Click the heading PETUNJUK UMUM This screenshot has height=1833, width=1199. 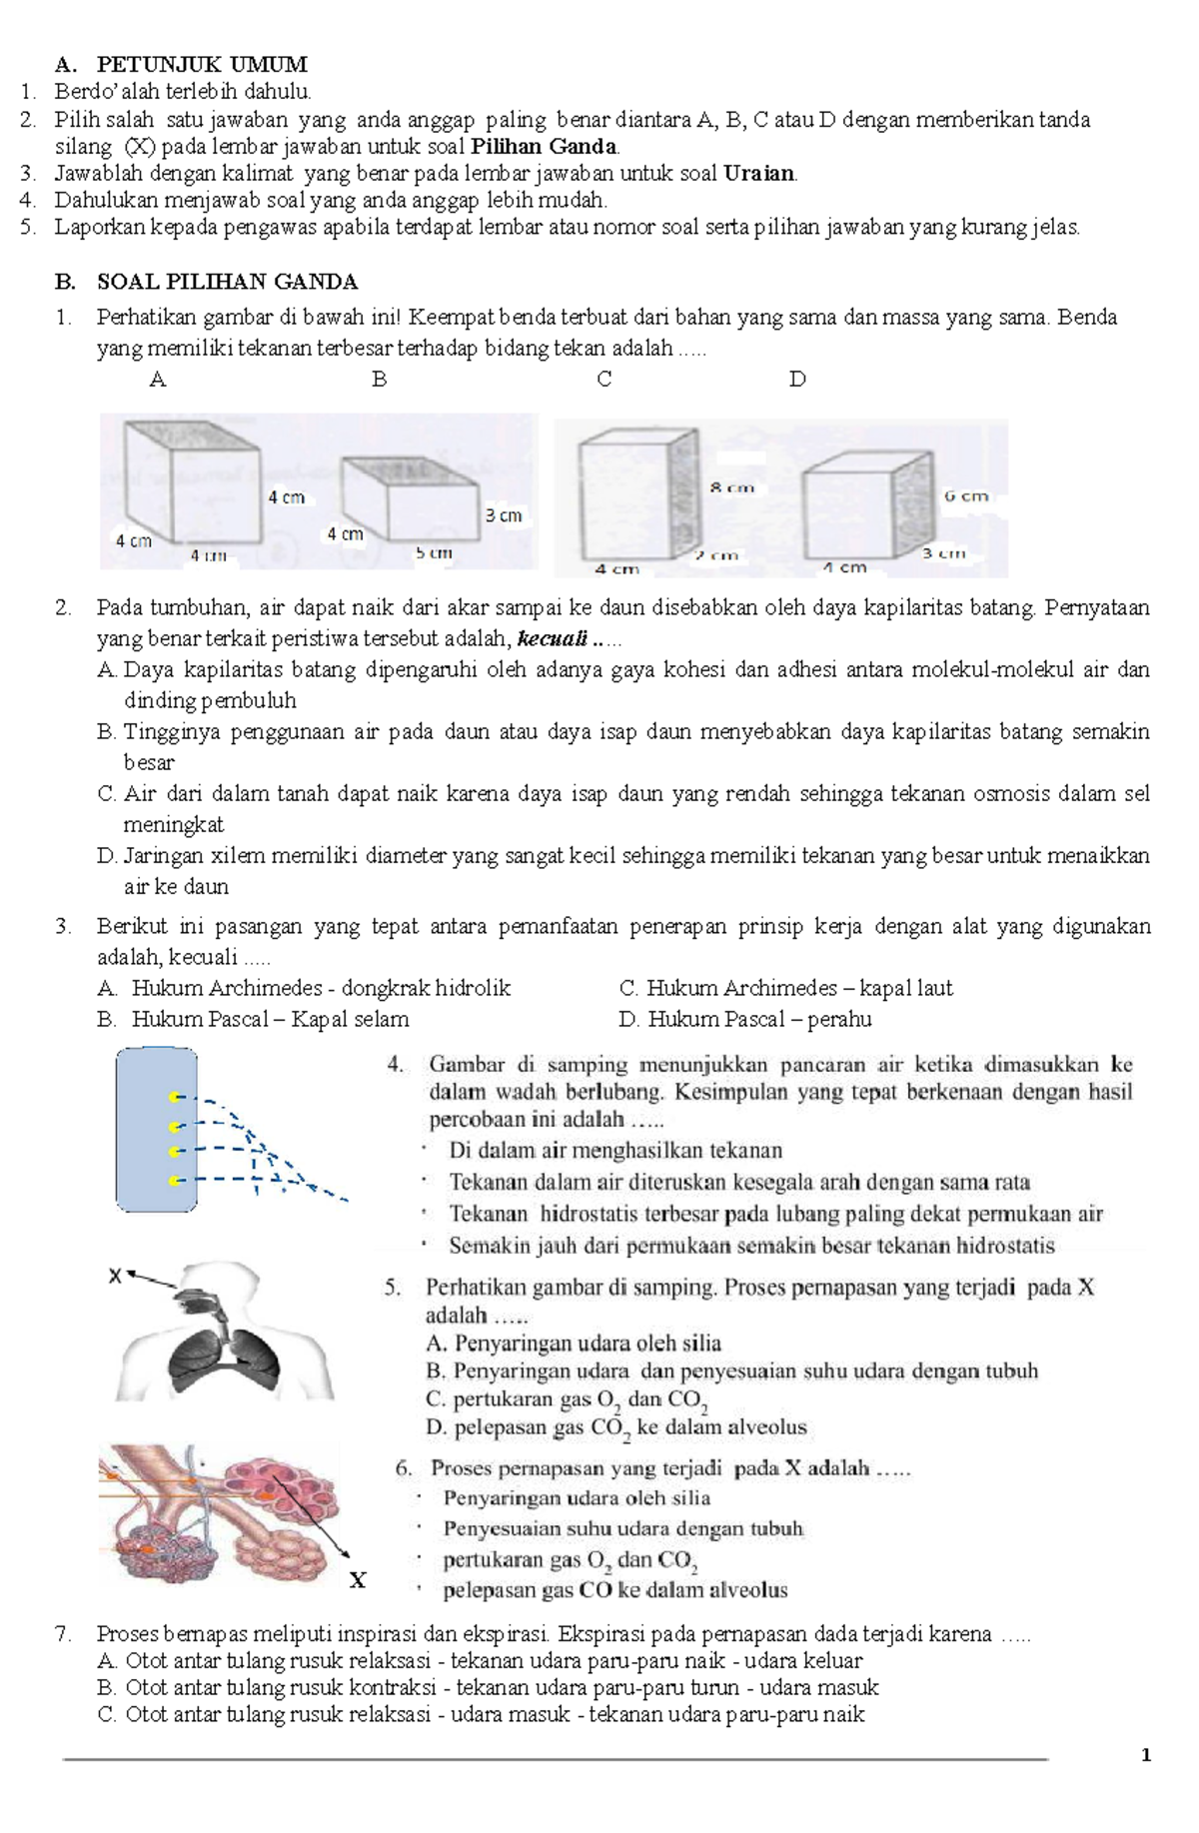click(x=202, y=65)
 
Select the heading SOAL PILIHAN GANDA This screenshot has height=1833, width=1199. click(x=227, y=282)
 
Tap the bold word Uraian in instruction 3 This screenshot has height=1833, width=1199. click(x=759, y=173)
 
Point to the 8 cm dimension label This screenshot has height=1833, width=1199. click(x=732, y=487)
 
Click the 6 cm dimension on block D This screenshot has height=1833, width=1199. click(x=965, y=494)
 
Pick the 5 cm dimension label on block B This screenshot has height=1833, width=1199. click(x=434, y=552)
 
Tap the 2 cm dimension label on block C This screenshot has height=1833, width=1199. click(x=717, y=555)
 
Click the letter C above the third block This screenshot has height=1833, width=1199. click(x=603, y=380)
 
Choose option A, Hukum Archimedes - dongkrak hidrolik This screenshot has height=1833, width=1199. click(x=304, y=989)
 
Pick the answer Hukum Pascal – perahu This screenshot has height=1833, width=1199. click(x=745, y=1020)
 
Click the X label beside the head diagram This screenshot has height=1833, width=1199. click(x=114, y=1276)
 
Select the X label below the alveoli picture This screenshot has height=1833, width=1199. click(x=357, y=1579)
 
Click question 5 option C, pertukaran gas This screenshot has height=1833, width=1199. click(x=567, y=1401)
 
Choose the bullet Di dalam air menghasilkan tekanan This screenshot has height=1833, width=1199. click(x=615, y=1151)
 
